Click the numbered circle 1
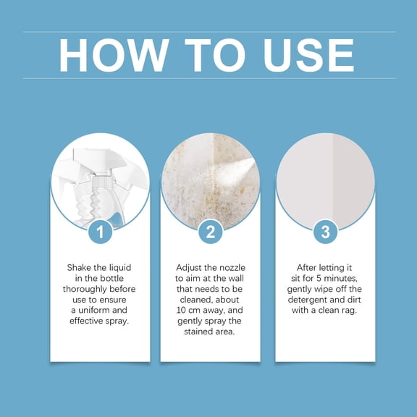(x=100, y=232)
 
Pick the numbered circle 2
(x=210, y=232)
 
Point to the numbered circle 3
(x=326, y=232)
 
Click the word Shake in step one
(x=80, y=267)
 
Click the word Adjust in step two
(x=191, y=267)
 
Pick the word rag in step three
(x=354, y=310)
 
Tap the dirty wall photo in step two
(x=210, y=177)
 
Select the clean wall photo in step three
(x=326, y=177)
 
